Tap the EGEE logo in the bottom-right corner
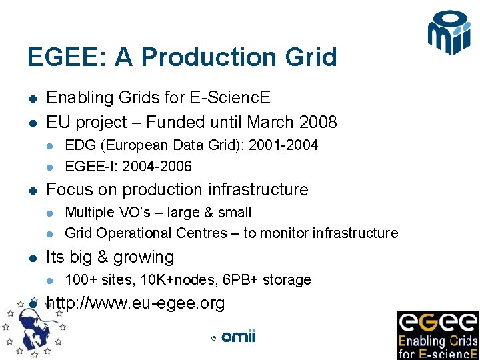tap(438, 335)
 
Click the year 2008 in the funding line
tap(318, 123)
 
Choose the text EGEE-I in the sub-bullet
tap(87, 166)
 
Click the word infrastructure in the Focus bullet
tap(255, 190)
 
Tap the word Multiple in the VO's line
tap(89, 213)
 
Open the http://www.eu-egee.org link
tap(135, 304)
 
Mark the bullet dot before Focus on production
tap(32, 191)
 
